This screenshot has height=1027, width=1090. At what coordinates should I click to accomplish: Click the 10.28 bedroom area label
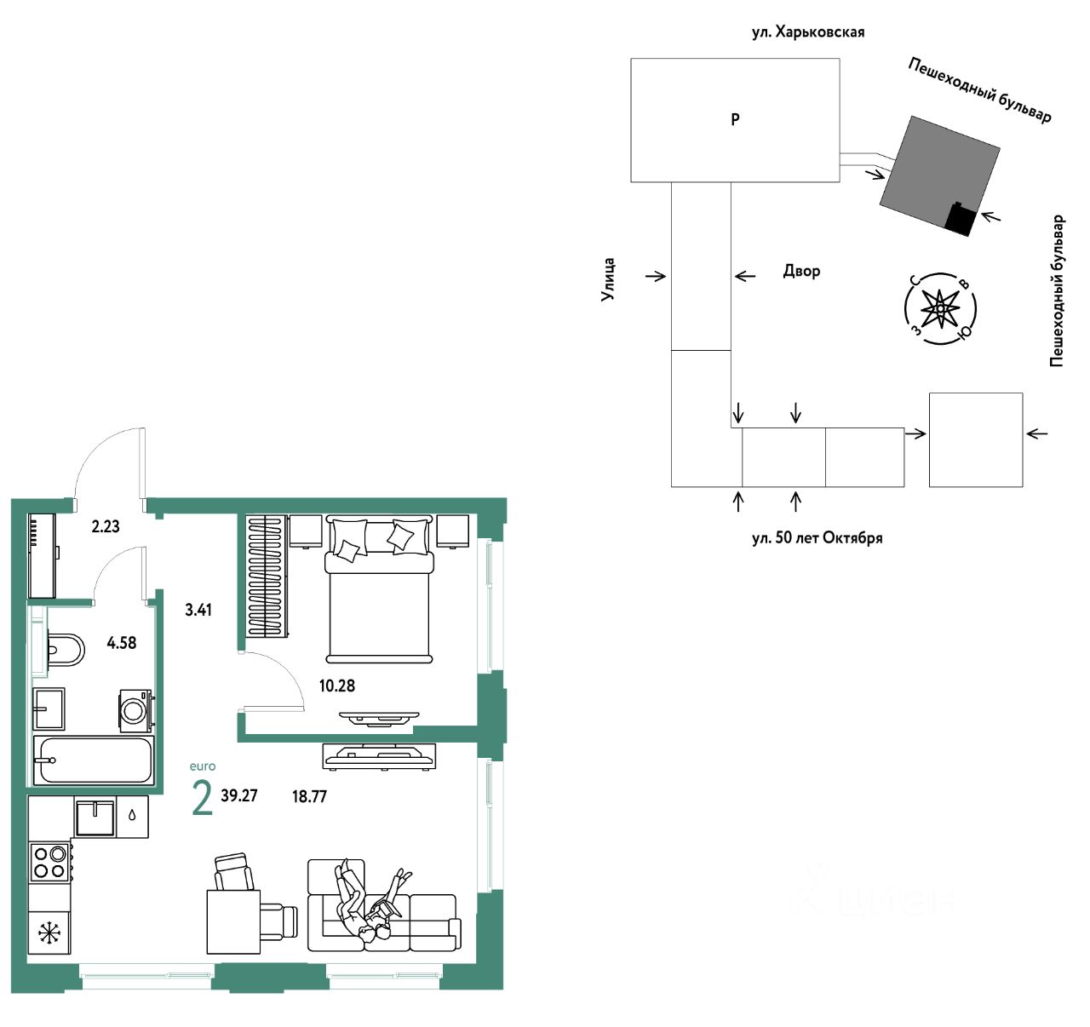point(337,686)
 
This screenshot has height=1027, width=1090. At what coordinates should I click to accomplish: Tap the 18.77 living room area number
point(310,797)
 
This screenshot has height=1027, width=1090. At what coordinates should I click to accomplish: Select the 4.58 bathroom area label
point(121,643)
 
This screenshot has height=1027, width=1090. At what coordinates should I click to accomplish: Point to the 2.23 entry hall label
point(106,526)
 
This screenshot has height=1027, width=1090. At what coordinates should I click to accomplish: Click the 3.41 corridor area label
point(198,610)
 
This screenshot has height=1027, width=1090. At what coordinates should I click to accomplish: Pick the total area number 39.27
point(238,796)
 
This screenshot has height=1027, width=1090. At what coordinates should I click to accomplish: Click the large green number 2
point(202,799)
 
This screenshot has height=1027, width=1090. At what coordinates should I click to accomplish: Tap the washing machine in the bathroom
point(135,711)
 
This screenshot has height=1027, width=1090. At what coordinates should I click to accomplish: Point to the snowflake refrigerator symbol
point(49,933)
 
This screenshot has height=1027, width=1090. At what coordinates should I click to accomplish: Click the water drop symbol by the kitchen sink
point(132,815)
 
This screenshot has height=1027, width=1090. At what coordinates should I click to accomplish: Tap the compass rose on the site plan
point(940,309)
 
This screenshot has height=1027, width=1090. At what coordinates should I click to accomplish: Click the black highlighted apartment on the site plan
point(959,219)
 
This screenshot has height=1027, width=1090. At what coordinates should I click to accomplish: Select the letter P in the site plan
point(736,118)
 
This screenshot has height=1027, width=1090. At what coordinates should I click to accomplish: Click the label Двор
point(801,271)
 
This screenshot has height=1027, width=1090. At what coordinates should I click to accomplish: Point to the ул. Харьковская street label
point(808,32)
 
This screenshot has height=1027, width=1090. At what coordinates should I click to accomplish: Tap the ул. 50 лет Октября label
point(817,538)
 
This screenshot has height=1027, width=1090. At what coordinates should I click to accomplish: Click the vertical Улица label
point(607,279)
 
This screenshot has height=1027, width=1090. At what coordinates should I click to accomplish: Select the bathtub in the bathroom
point(94,760)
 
